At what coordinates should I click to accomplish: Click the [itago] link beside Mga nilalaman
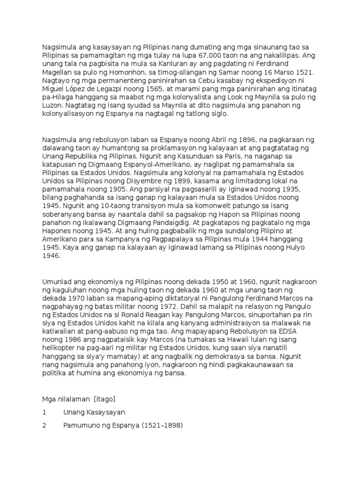tap(105, 398)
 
